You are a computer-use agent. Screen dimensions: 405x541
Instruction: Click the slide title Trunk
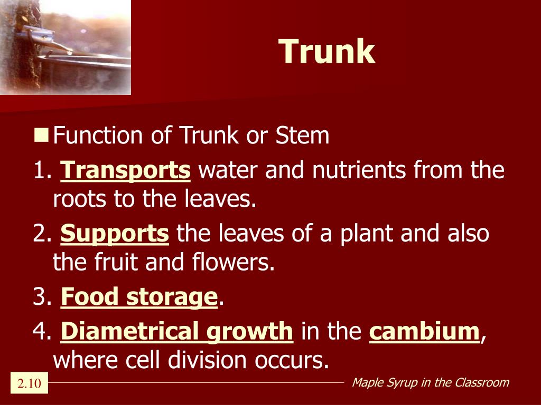pyautogui.click(x=327, y=52)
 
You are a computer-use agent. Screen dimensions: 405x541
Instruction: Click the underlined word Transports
pyautogui.click(x=125, y=170)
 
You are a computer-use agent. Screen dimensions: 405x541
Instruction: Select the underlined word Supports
pyautogui.click(x=115, y=234)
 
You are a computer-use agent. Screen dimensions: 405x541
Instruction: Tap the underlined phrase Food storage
pyautogui.click(x=139, y=297)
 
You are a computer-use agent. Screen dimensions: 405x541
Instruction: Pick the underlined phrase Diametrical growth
pyautogui.click(x=176, y=331)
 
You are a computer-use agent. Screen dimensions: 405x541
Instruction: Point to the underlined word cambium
pyautogui.click(x=424, y=331)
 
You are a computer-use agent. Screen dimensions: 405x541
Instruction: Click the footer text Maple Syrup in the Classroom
pyautogui.click(x=430, y=382)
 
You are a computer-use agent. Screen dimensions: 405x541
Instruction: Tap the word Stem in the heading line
pyautogui.click(x=302, y=136)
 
